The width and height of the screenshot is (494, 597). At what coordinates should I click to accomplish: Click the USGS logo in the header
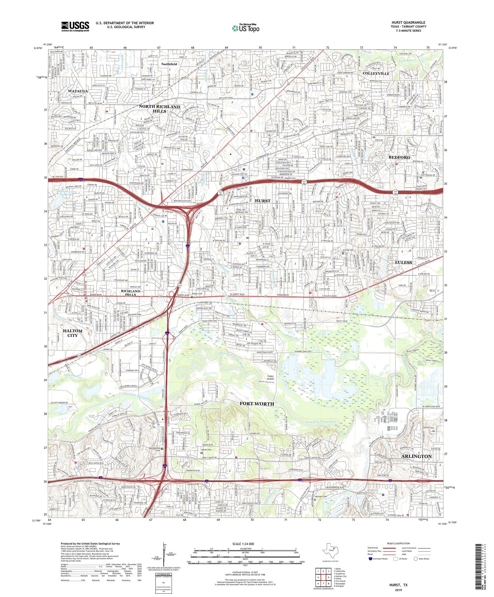point(75,26)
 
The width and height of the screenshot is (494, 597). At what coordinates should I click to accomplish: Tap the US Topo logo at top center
point(245,28)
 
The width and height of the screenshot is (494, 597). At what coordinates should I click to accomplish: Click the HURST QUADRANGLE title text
point(408,22)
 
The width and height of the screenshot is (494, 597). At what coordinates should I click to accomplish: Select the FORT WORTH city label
point(257,404)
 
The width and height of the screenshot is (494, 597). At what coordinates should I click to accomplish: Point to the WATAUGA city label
point(78,91)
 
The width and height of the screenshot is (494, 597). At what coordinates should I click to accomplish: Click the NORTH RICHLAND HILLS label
point(159,109)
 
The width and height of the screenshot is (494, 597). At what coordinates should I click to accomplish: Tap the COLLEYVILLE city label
point(376,73)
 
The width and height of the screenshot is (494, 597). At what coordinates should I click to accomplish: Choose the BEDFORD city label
point(399,157)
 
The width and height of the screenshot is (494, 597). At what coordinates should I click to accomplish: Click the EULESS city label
point(403,262)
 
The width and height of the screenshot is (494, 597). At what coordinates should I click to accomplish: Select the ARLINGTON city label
point(416,456)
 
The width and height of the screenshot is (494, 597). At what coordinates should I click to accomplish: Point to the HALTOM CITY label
point(72,333)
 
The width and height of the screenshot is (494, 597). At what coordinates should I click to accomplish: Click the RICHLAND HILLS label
point(131,293)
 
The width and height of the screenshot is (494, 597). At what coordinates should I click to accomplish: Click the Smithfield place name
point(169,64)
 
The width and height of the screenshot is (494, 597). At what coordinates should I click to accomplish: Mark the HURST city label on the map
point(262,201)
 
